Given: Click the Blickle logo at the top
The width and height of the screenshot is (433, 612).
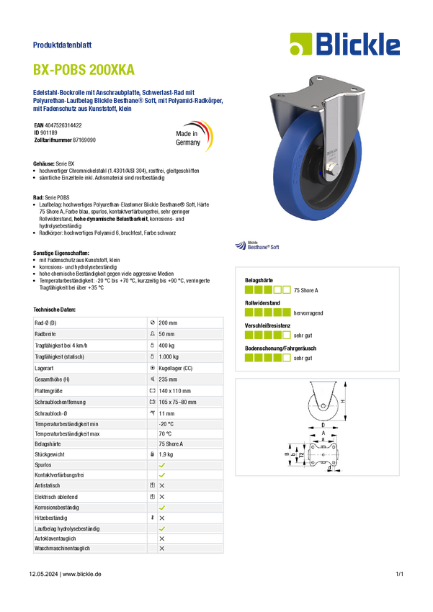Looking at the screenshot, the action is (345, 44).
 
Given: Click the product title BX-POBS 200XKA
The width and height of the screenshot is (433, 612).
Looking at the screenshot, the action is (84, 70).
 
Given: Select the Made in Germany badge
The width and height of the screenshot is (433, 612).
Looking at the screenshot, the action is (194, 137).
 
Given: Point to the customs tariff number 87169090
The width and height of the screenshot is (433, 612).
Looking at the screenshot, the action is (84, 140).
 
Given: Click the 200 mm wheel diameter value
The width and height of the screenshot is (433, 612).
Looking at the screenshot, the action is (168, 323).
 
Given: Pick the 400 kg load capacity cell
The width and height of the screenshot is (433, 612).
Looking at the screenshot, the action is (166, 346).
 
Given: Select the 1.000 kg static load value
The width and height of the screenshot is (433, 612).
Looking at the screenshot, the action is (169, 356).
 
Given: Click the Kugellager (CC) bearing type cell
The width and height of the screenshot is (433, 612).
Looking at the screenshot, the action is (175, 368).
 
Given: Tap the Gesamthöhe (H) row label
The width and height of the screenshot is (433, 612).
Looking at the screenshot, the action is (51, 379).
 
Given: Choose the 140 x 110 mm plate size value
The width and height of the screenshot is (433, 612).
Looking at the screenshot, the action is (174, 391).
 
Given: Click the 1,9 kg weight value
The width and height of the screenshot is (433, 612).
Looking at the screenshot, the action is (166, 454).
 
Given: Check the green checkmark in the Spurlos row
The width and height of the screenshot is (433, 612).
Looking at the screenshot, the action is (162, 465).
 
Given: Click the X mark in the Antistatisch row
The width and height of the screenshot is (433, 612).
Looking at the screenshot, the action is (162, 485).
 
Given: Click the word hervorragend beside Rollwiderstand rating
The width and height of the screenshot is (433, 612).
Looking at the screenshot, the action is (308, 313).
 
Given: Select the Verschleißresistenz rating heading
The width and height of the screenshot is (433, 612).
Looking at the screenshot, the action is (267, 325).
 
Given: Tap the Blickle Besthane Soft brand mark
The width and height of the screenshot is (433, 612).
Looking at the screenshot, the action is (257, 246).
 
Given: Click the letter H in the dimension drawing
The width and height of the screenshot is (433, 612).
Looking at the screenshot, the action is (343, 401).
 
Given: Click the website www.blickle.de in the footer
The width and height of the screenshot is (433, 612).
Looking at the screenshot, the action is (82, 574).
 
